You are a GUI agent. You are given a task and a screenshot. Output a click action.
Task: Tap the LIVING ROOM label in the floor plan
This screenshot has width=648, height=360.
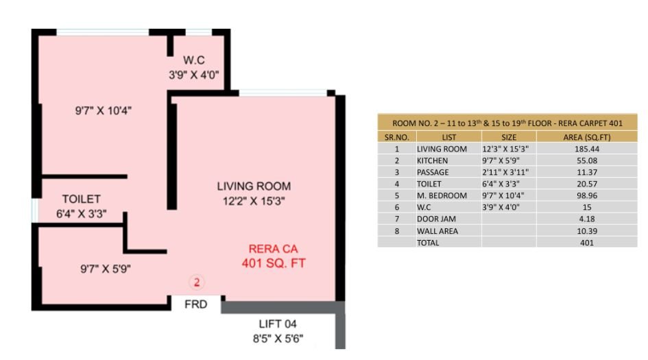pos(254,186)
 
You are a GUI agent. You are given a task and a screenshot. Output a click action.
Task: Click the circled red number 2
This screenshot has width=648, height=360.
pos(197,281)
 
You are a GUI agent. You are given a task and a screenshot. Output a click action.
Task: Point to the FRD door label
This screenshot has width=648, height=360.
pos(196,304)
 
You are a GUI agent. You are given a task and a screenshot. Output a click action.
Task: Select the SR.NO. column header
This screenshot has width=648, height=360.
pos(396,137)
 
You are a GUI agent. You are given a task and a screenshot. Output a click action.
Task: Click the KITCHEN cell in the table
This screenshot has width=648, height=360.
pos(433,160)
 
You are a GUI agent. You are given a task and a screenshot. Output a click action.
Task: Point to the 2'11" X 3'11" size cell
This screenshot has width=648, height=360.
pos(507,172)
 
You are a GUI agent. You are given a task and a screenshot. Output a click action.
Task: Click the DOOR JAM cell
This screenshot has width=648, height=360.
pos(436,219)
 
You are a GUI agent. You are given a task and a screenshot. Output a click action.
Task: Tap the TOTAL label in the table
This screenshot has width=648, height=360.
pos(429,243)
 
